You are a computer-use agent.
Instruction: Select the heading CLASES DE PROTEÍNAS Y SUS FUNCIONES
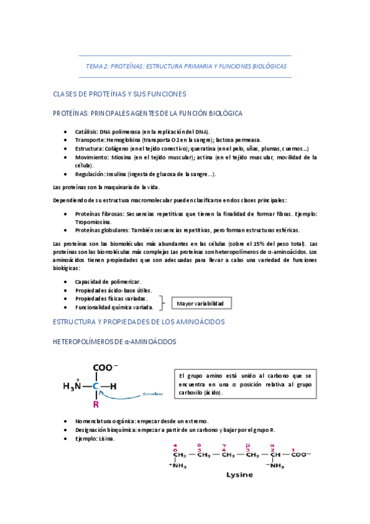pyautogui.click(x=120, y=94)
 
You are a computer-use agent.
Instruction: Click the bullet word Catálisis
pyautogui.click(x=87, y=132)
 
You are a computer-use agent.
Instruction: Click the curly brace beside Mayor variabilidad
pyautogui.click(x=163, y=303)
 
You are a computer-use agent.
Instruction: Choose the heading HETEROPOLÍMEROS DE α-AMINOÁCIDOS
pyautogui.click(x=115, y=341)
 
